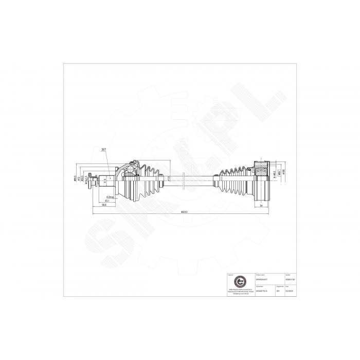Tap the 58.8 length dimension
click(x=103, y=205)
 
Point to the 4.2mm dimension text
click(x=109, y=196)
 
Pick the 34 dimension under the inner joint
click(x=261, y=205)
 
